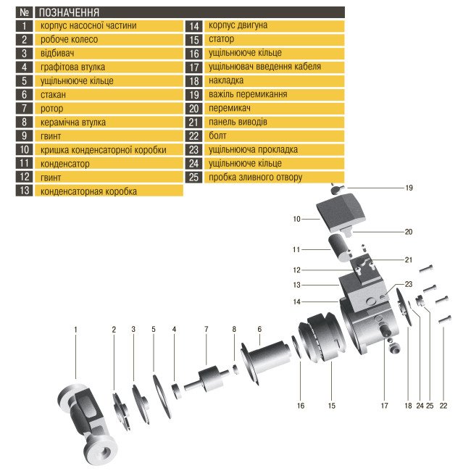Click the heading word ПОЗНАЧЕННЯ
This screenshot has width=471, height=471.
[x=69, y=12]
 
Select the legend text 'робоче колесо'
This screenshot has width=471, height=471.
[x=69, y=39]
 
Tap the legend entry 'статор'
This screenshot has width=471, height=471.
[x=222, y=39]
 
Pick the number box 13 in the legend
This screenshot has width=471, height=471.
[x=25, y=190]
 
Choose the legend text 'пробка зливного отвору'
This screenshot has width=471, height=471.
[x=255, y=178]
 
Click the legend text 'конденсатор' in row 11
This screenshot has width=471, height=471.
[x=65, y=164]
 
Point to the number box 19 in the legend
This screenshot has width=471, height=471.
[x=193, y=95]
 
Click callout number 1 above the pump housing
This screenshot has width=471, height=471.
[x=75, y=330]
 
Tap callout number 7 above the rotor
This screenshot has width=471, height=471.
[x=206, y=329]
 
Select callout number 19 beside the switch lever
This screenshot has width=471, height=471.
[x=409, y=188]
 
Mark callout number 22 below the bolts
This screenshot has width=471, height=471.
[x=443, y=406]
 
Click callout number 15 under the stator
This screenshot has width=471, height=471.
[x=331, y=406]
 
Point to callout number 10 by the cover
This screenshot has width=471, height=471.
[x=296, y=219]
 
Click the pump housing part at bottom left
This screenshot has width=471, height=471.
[x=86, y=424]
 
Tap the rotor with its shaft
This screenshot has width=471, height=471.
[x=207, y=378]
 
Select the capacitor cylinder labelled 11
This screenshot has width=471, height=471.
[x=340, y=248]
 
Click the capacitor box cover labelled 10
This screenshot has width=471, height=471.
[x=341, y=212]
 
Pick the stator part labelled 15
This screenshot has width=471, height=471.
[x=322, y=337]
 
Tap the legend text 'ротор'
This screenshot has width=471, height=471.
[x=51, y=109]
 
